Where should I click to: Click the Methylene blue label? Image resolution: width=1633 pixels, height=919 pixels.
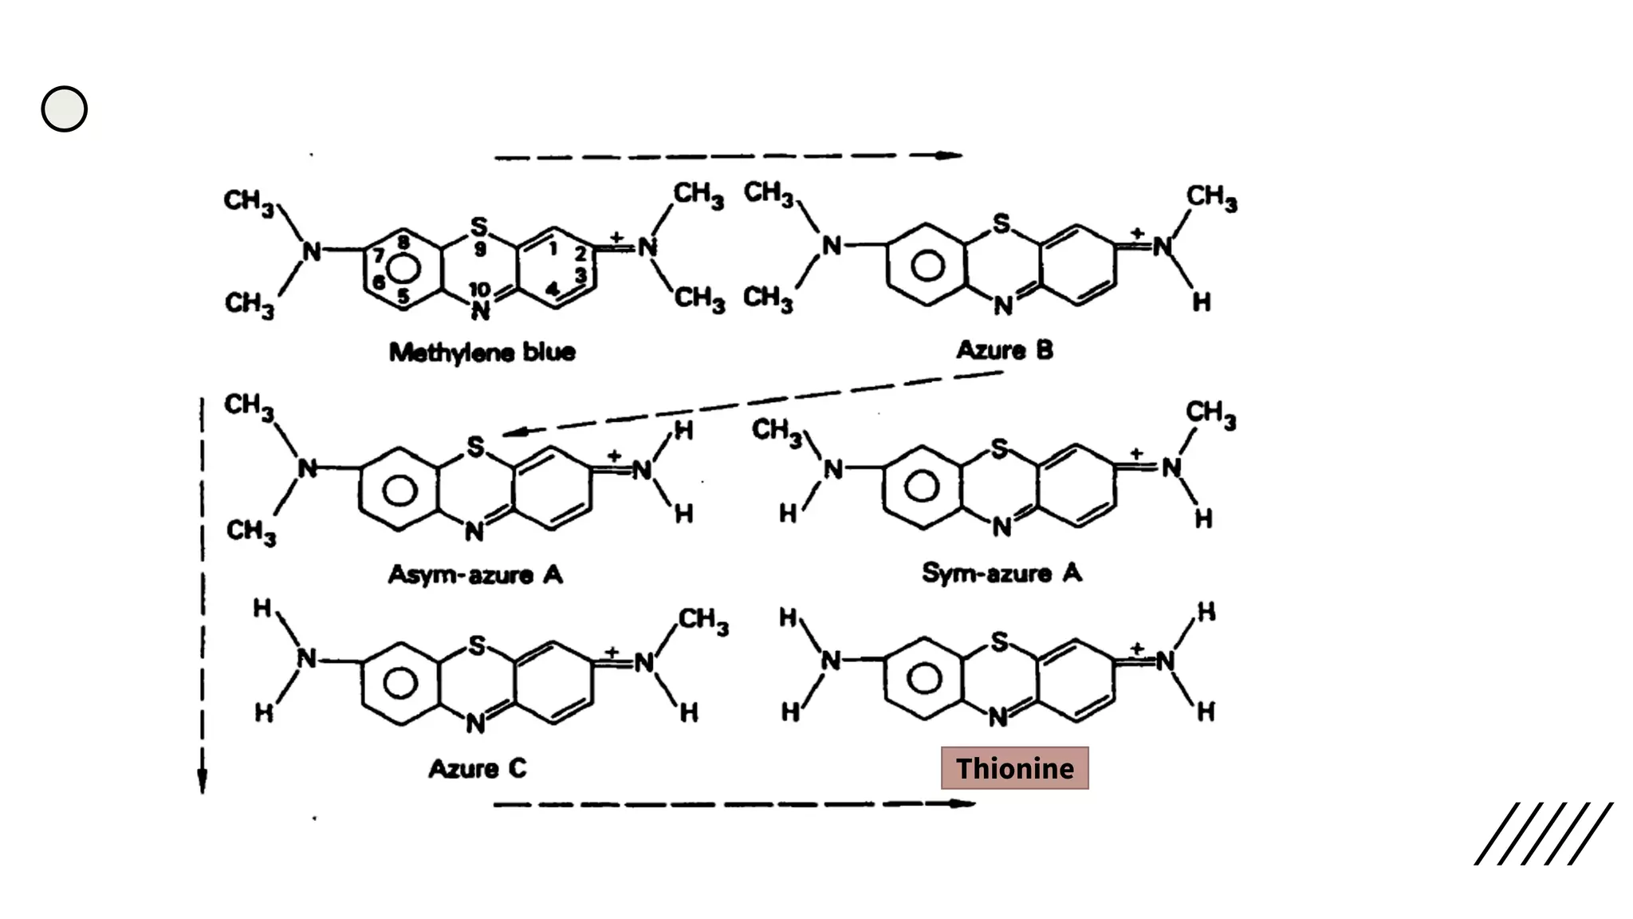coord(482,352)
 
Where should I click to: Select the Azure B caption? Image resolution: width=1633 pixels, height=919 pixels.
coord(1005,349)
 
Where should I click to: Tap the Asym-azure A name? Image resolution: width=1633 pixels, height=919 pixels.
coord(475,574)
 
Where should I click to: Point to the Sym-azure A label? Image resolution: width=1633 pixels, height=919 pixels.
coord(1001,572)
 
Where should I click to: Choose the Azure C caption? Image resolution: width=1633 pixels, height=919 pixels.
coord(477,768)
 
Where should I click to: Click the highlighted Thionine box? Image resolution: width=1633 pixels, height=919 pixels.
coord(1014,768)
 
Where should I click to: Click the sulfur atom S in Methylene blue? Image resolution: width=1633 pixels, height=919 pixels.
coord(478,227)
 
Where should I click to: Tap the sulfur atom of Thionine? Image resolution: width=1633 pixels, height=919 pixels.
coord(999,641)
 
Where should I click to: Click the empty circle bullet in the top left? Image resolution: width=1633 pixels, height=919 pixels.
coord(64,109)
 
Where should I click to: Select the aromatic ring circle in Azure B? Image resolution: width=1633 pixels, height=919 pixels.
coord(927,266)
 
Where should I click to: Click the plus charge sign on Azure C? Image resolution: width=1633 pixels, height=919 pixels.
coord(612,652)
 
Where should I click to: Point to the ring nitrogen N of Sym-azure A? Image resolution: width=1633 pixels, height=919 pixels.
coord(1002,527)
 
